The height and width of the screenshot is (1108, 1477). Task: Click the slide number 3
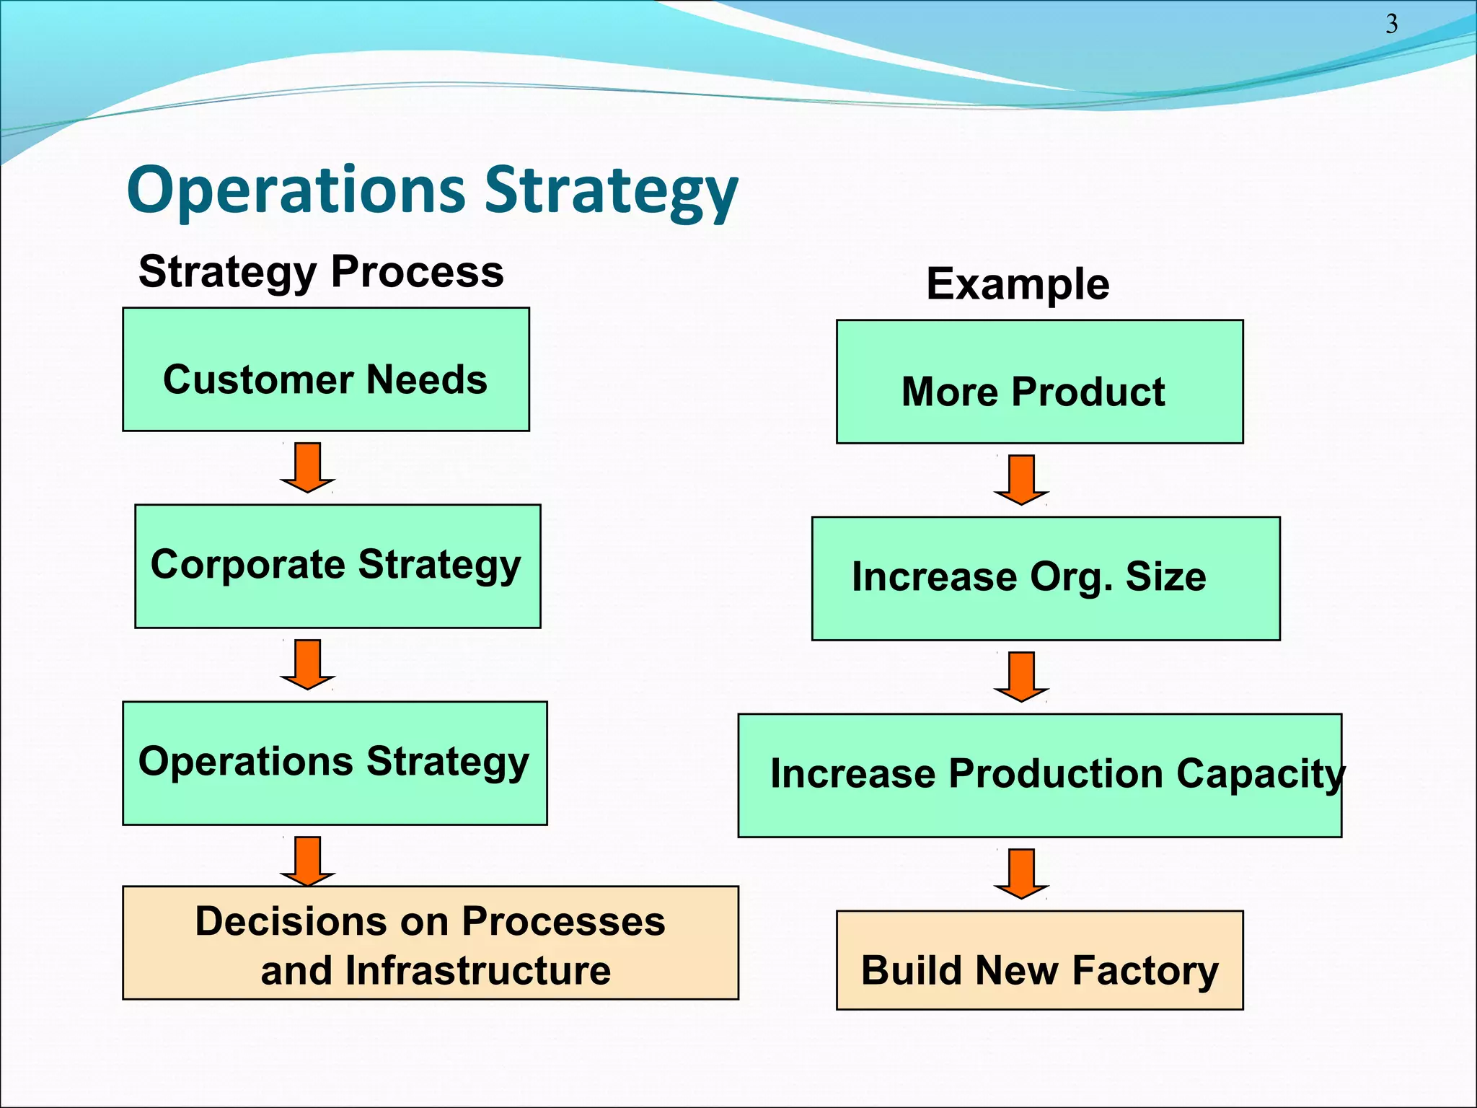click(1391, 25)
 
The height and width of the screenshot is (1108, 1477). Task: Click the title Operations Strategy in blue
click(432, 190)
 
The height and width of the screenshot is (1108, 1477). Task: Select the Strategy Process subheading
click(321, 272)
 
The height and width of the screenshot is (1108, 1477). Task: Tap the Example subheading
click(1018, 284)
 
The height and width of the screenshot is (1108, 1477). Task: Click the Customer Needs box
click(326, 370)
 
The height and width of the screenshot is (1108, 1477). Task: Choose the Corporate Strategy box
click(338, 566)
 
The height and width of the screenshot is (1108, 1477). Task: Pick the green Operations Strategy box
click(335, 763)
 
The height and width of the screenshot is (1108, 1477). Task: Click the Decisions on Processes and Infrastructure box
click(431, 943)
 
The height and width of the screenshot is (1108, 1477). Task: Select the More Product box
click(1039, 382)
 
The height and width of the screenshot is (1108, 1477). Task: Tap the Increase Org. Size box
click(1046, 579)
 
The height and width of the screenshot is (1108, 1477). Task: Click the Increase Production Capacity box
click(1039, 775)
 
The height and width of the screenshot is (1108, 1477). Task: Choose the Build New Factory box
click(1039, 960)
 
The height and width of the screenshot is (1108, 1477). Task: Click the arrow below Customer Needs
click(308, 467)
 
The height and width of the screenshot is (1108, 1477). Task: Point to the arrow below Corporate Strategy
click(308, 664)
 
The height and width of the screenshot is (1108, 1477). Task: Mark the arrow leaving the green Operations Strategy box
click(308, 861)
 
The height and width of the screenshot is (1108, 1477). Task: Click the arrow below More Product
click(1021, 480)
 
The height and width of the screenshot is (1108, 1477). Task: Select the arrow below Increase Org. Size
click(1021, 677)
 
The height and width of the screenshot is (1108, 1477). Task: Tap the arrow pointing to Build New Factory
click(1021, 874)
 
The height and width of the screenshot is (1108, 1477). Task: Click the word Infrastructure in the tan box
click(478, 971)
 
